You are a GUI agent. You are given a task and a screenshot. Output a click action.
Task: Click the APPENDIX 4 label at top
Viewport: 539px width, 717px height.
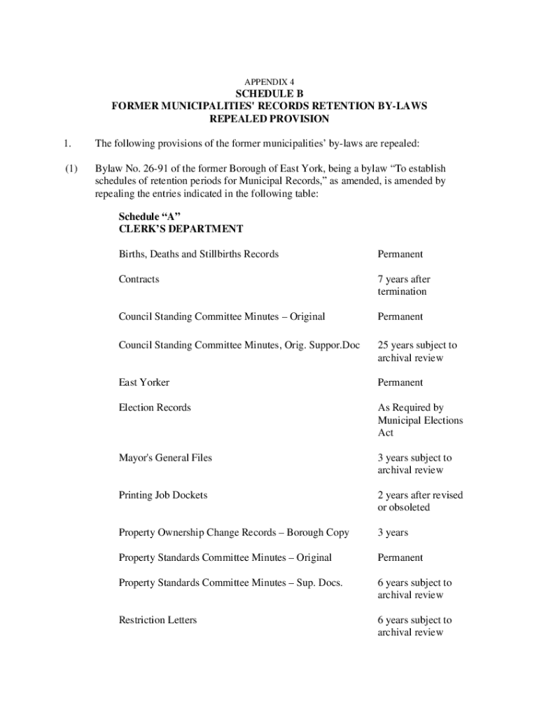pos(269,82)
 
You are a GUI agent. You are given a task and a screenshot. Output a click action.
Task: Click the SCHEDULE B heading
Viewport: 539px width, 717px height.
pos(269,94)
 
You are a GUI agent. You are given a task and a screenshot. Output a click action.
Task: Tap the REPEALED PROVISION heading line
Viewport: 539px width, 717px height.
pos(269,119)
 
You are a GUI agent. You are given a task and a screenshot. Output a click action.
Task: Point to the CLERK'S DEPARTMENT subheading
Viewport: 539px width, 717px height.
pos(181,228)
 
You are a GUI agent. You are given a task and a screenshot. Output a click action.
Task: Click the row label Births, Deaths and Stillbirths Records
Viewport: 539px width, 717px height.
pos(199,253)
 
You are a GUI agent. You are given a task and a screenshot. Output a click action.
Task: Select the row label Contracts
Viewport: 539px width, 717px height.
pos(139,279)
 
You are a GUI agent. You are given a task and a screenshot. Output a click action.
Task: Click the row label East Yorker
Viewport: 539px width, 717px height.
pos(144,382)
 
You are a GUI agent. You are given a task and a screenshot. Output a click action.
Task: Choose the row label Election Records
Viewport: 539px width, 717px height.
pos(155,408)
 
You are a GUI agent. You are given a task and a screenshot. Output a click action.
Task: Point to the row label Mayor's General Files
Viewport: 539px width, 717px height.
pos(165,458)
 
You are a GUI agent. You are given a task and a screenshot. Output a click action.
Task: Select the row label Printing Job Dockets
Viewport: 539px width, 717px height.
pos(163,495)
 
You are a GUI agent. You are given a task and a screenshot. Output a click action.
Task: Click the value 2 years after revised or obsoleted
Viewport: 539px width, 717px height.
pos(420,501)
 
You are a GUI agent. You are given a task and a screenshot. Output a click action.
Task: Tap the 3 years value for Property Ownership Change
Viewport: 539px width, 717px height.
pos(393,533)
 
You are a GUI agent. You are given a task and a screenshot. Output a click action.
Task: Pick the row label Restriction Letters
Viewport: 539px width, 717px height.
pos(157,620)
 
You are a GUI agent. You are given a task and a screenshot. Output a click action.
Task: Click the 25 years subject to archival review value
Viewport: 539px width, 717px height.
pos(417,351)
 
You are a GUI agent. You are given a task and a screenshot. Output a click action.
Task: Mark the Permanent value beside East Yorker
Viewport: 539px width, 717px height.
pos(400,382)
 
